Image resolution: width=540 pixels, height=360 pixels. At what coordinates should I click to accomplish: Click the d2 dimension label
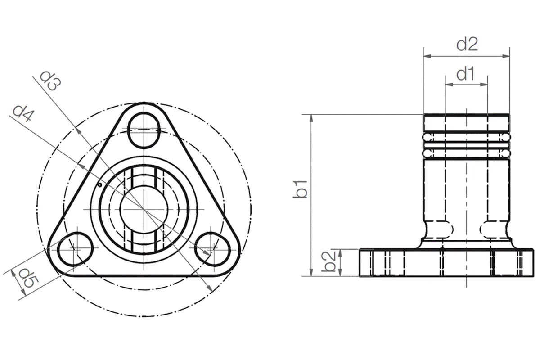coord(467,45)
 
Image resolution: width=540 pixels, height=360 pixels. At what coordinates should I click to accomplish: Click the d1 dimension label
coord(466,73)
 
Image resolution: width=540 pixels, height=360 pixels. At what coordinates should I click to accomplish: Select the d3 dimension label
coord(50,81)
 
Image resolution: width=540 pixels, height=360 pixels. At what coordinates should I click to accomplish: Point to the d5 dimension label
coord(29,279)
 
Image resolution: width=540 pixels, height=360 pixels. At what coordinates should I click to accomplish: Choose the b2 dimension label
coord(329,261)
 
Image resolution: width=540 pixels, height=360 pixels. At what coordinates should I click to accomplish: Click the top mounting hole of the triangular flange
coord(144,130)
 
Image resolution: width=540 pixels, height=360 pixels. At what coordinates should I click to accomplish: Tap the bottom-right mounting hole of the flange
coord(211,249)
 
